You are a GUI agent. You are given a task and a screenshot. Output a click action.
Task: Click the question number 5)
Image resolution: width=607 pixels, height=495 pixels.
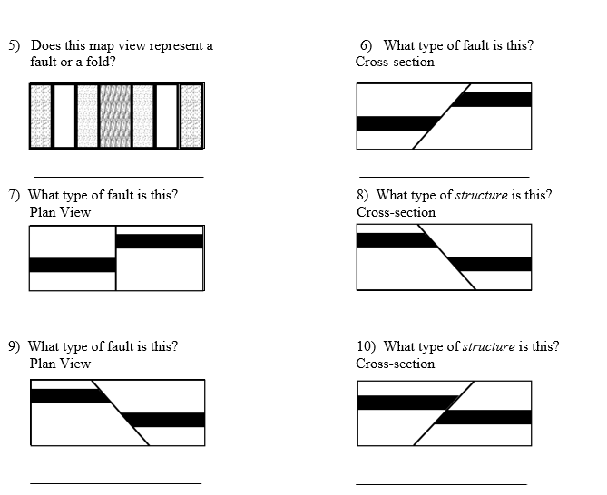coord(15,45)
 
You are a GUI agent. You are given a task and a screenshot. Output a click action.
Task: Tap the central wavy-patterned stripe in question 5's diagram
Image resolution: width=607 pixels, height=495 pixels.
coord(114,116)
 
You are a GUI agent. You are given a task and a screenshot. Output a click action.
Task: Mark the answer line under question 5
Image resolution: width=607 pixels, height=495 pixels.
coord(118,177)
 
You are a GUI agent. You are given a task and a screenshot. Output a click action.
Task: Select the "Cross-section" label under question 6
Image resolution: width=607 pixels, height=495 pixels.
coord(395,62)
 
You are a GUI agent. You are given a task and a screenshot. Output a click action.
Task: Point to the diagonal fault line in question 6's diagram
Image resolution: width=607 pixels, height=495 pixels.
coord(442,116)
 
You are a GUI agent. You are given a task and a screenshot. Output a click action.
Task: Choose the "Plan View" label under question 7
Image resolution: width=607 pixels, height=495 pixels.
coord(60,212)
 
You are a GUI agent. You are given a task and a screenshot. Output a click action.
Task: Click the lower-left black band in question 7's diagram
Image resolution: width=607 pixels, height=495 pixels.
coord(73,265)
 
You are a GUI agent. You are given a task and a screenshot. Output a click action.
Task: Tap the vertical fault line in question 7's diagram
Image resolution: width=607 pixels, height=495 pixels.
coord(116,258)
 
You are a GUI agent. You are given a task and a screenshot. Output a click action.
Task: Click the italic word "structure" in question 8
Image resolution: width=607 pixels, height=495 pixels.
coord(481,195)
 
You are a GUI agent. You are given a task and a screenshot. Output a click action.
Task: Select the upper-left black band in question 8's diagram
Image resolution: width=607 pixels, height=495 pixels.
coord(392,240)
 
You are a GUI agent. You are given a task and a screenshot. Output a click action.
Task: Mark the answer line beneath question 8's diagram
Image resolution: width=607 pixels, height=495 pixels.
coord(445,324)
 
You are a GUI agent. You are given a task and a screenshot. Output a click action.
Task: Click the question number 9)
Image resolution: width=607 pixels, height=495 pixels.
coord(15,346)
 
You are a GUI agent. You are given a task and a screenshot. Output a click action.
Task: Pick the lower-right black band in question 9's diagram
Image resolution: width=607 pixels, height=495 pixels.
coord(165,420)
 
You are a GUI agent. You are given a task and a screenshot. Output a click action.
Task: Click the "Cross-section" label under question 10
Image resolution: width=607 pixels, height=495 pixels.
coord(395,364)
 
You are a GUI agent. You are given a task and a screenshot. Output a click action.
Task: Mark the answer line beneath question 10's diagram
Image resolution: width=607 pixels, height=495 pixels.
coord(441,484)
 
